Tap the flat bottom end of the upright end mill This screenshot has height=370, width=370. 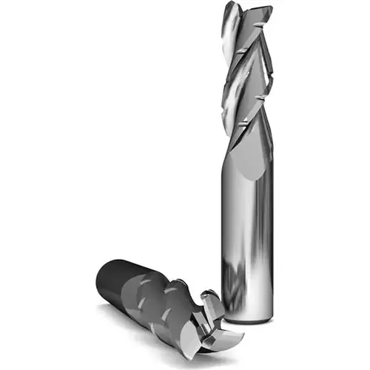(x=248, y=320)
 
